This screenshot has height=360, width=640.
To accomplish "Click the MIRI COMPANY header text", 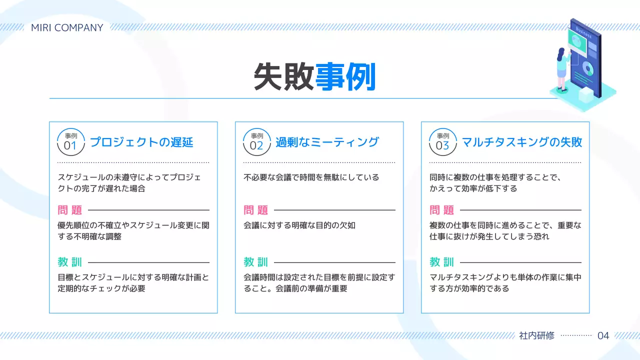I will point(67,27).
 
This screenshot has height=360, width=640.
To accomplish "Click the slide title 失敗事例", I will point(314,76).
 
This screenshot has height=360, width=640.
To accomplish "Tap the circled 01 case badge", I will point(71,142).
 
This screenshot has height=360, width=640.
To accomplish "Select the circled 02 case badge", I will point(257,142).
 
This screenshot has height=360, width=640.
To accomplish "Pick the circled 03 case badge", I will point(443,142).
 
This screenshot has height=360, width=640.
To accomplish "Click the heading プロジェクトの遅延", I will point(141,142).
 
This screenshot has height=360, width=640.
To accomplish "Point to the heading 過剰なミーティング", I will point(327,142).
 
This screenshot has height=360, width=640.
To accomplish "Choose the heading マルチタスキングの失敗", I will point(521,142).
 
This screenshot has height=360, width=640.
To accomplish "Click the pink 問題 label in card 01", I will point(70,210).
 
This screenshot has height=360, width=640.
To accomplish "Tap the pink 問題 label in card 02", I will point(256,210).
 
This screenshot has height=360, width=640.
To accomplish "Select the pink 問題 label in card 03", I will point(442,210).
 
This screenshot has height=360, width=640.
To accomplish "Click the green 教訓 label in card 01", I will point(70,262).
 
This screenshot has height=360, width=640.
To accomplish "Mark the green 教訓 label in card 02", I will point(256,262).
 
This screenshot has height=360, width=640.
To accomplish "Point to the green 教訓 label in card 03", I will point(442,262).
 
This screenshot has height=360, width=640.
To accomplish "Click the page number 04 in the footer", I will point(603,335).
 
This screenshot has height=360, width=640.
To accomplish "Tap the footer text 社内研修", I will point(537,335).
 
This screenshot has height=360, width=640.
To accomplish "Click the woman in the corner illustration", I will point(562,67).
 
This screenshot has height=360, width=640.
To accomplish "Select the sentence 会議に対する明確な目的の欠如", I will point(299,225).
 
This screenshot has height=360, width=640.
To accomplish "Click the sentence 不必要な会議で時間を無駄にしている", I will point(311,177).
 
